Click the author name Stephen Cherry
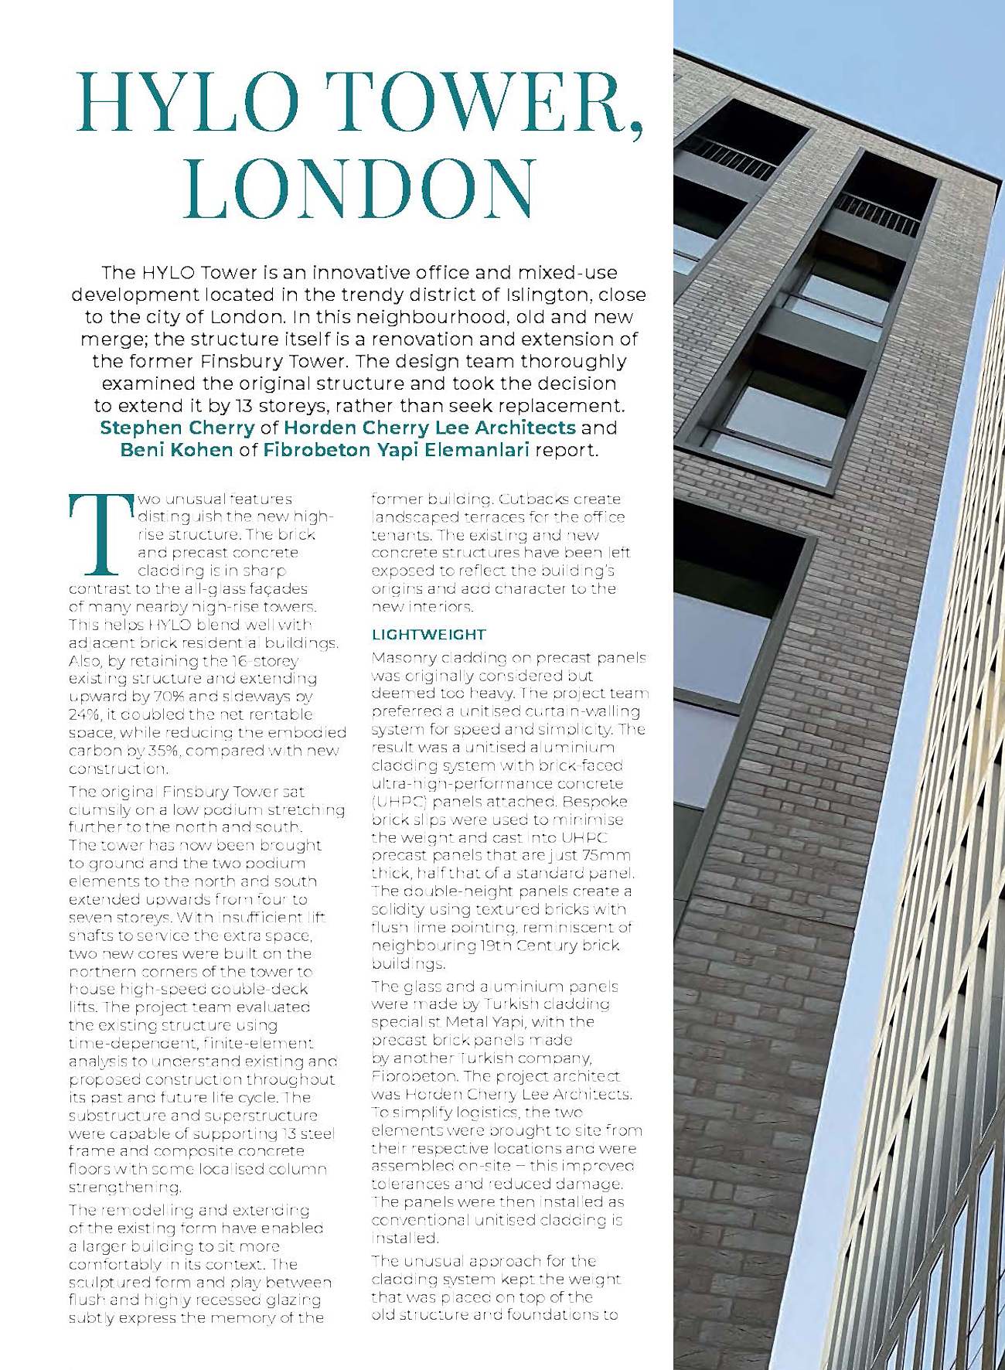pos(177,428)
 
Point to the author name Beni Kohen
pos(176,450)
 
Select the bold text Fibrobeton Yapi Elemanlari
pos(396,450)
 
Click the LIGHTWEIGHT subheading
pos(429,635)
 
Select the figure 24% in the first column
pos(83,714)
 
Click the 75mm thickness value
pos(606,855)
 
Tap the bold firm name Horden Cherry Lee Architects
pos(429,428)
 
